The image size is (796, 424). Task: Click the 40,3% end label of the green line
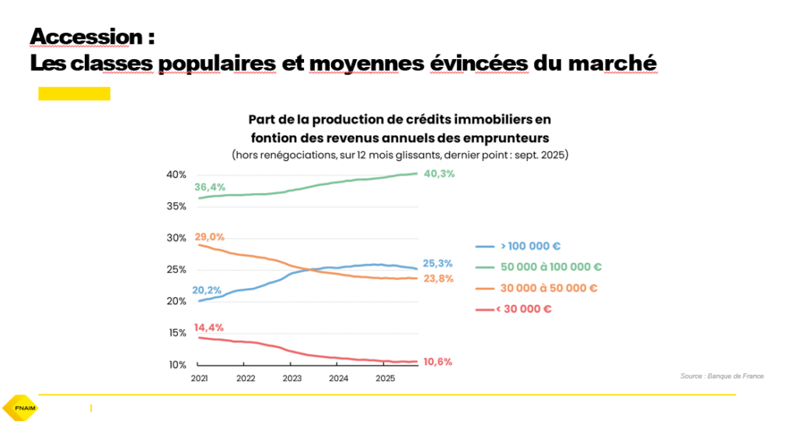(438, 174)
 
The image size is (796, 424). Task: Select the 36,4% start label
(211, 187)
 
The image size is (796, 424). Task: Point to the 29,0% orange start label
(210, 237)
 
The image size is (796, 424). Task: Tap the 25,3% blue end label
(438, 264)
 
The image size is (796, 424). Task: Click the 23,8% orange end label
(438, 279)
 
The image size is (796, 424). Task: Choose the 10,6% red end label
(438, 362)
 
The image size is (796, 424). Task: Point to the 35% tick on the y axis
(176, 206)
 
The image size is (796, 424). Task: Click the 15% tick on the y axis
(176, 333)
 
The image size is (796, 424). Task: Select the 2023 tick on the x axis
(292, 379)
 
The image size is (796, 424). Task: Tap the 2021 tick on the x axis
(199, 379)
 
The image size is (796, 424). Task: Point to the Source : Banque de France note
(721, 376)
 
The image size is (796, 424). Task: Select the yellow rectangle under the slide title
(74, 94)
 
